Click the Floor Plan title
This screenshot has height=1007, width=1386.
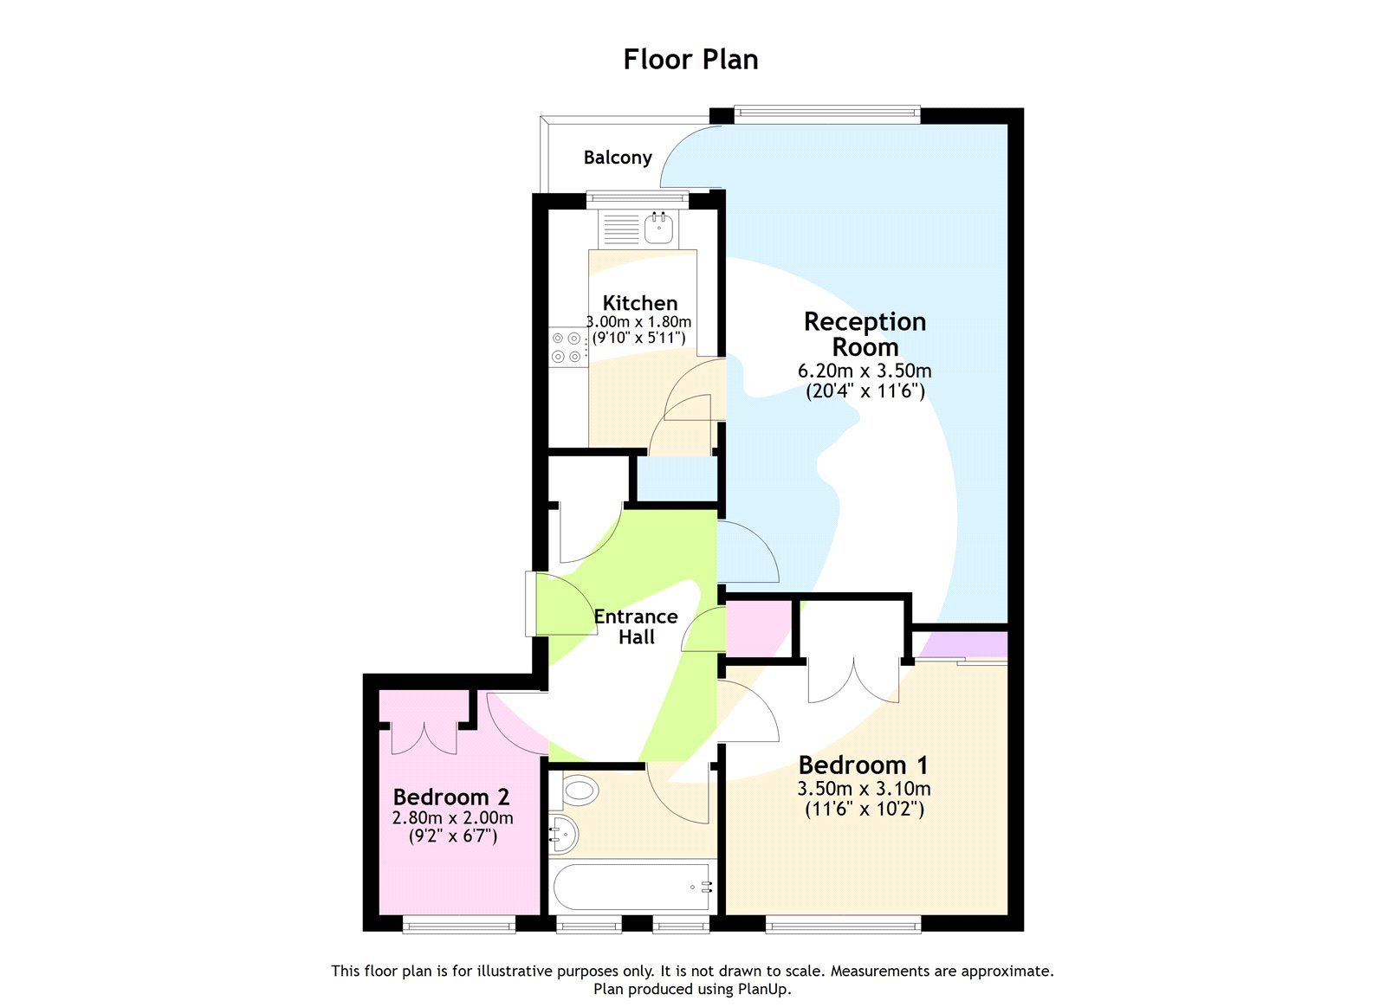coord(690,59)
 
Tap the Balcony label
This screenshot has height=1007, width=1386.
coord(617,158)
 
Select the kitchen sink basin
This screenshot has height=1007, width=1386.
coord(658,228)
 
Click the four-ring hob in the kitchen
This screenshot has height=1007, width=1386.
coord(567,347)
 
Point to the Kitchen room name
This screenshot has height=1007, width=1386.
coord(639,303)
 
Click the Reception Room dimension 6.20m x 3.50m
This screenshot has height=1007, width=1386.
coord(864,371)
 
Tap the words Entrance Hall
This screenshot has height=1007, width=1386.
coord(636,626)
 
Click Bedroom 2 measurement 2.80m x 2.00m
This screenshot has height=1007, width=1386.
coord(452,817)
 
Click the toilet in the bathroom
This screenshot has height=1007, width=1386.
coord(579,789)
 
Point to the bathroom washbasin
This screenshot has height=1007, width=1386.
coord(563,833)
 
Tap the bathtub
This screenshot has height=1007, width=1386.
coord(632,886)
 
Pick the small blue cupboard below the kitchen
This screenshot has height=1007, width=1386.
coord(677,478)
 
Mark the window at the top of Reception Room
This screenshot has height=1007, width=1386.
coord(826,110)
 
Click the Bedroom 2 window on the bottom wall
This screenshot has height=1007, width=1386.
coord(459,925)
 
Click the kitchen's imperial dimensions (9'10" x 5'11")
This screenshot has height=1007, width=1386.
coord(638,338)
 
